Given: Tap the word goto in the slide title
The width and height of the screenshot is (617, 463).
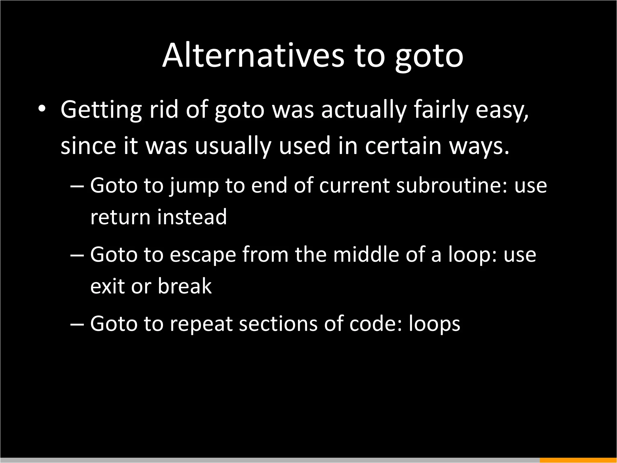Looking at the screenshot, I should [x=429, y=57].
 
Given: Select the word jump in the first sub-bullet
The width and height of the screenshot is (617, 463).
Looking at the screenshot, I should [x=194, y=186].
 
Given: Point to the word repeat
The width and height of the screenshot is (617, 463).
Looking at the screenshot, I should [x=202, y=324].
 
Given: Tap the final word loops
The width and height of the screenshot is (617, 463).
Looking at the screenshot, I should [x=434, y=324].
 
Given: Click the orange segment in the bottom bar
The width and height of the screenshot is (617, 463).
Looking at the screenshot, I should [x=578, y=460].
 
